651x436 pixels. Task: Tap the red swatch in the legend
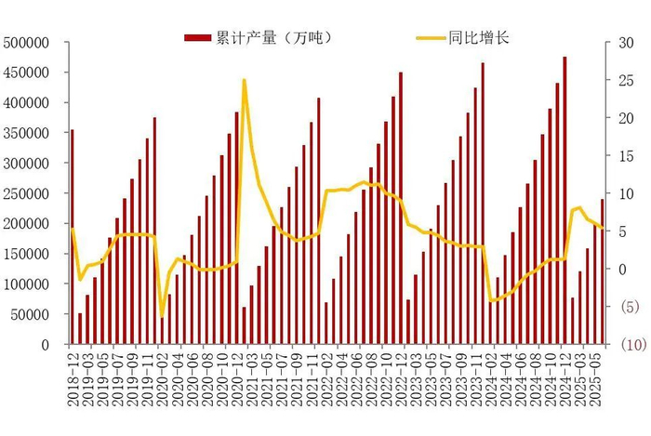point(198,38)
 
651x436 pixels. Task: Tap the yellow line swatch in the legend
point(429,38)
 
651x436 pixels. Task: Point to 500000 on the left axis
point(27,43)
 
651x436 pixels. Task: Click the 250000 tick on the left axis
point(27,193)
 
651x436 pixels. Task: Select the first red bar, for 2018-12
point(73,237)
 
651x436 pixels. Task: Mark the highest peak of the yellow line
point(244,80)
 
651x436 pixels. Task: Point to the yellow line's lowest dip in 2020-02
point(162,317)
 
